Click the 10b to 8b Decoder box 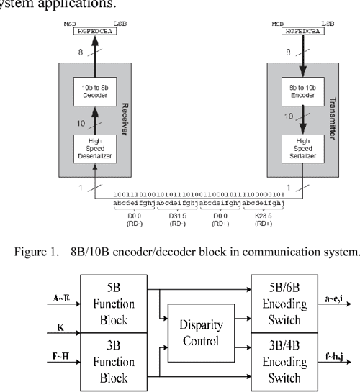[93, 91]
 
